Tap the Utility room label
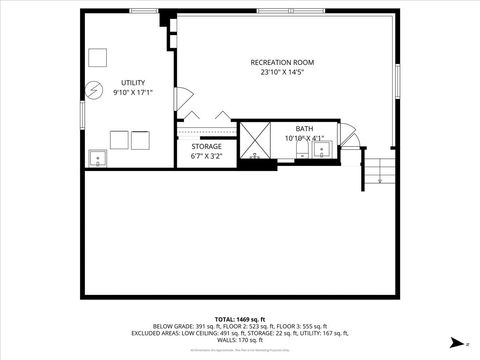(133, 82)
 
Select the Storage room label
(207, 147)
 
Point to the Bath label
(304, 128)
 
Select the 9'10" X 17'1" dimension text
(133, 92)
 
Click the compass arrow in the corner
(455, 341)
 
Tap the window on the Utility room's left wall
(82, 111)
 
